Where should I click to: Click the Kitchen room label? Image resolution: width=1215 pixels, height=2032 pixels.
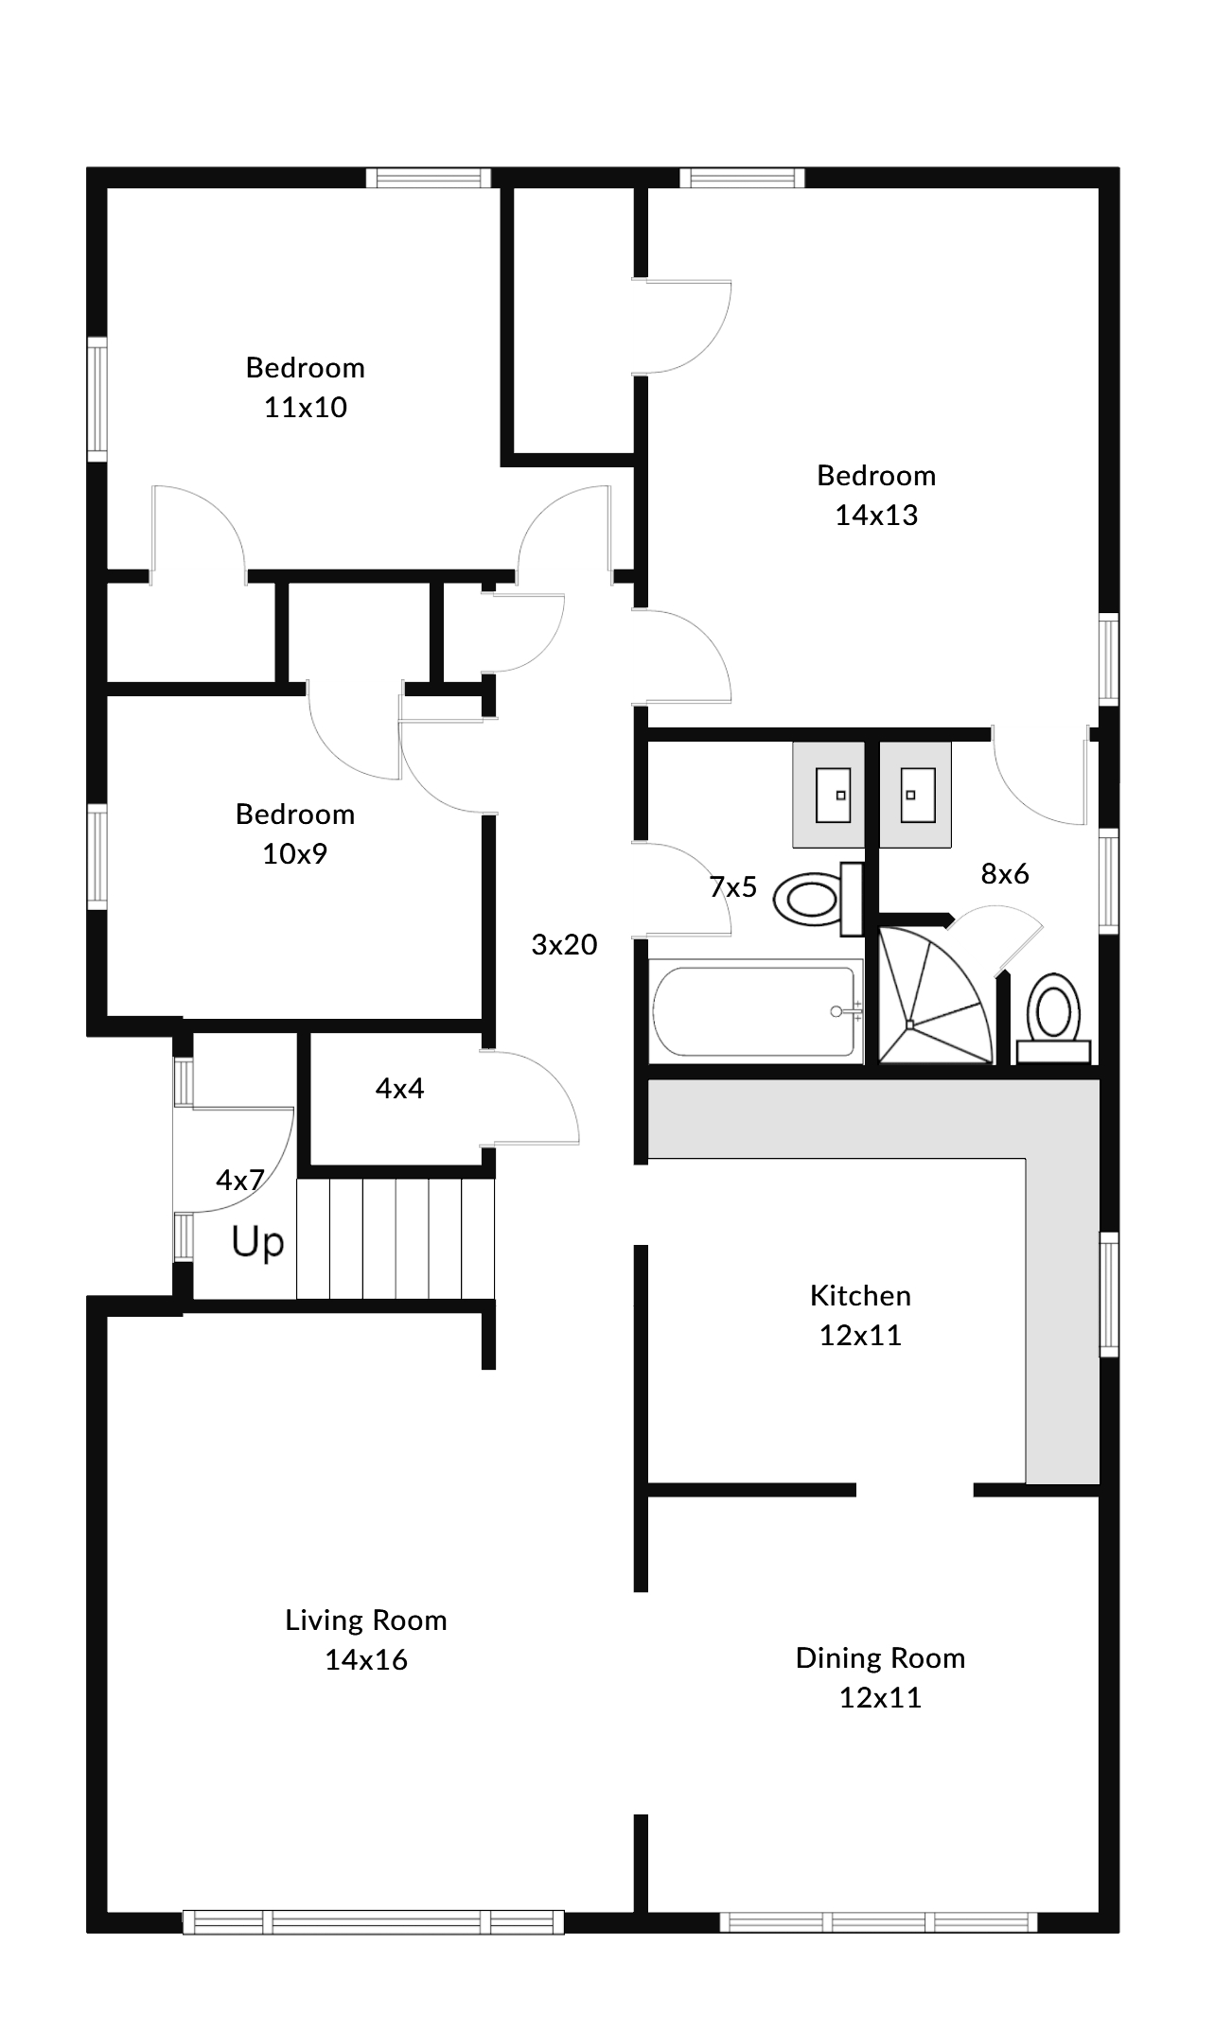(x=860, y=1295)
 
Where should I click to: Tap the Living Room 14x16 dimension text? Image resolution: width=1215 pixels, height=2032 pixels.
(x=366, y=1659)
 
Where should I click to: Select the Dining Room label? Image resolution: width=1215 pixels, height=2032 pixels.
(x=880, y=1657)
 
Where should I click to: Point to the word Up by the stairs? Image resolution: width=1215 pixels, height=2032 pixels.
(x=257, y=1243)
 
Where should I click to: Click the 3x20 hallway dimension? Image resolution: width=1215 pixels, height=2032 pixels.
(x=564, y=944)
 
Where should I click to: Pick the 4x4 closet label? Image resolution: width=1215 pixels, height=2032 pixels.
(x=399, y=1088)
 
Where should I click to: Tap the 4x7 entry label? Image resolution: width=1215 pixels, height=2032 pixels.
(x=239, y=1180)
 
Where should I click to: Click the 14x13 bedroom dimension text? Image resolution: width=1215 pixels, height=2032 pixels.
(x=876, y=515)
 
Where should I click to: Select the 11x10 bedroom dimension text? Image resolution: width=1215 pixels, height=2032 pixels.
(x=306, y=407)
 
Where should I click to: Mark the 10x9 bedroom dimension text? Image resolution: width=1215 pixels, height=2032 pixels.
(x=294, y=853)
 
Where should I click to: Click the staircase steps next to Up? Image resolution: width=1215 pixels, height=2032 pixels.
(x=396, y=1238)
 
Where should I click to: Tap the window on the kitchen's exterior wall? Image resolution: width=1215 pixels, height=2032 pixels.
(x=1108, y=1294)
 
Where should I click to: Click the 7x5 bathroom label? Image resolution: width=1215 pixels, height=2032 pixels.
(x=733, y=886)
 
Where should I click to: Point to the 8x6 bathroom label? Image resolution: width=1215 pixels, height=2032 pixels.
(x=1004, y=873)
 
